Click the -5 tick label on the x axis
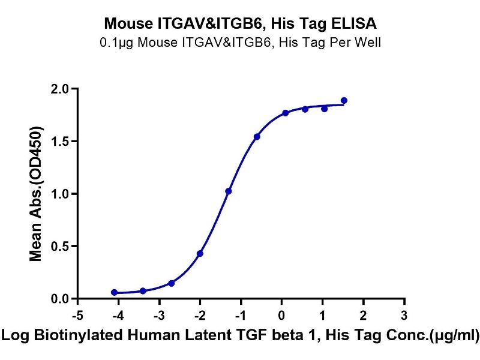[76, 315]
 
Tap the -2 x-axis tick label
[199, 315]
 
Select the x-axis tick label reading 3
[404, 315]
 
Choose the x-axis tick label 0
[281, 315]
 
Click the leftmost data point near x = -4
[114, 292]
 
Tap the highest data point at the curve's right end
[344, 100]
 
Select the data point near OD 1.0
[228, 191]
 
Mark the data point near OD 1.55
[257, 137]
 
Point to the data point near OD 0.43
[200, 253]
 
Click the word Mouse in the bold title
[125, 25]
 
